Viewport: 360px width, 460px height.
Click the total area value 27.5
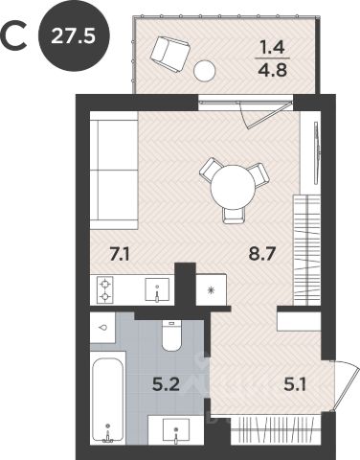tap(73, 36)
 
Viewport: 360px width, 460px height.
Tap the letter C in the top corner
tap(13, 36)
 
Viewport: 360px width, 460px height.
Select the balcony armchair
tap(170, 53)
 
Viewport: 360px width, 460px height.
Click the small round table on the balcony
tap(205, 71)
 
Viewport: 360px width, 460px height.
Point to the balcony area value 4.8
tap(272, 70)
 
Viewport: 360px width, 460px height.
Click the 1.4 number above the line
tap(272, 48)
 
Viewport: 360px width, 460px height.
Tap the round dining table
tap(234, 187)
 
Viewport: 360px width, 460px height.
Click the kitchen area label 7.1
tap(120, 255)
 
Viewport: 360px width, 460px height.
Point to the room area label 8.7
tap(261, 254)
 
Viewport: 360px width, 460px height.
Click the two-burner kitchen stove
tap(104, 289)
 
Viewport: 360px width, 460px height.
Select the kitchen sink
tap(157, 289)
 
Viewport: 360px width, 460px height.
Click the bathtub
tap(108, 399)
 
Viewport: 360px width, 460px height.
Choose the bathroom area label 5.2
tap(166, 384)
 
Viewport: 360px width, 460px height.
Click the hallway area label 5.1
tap(295, 384)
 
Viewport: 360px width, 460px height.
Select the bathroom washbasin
tap(175, 429)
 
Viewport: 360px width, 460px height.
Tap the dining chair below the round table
tap(234, 216)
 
